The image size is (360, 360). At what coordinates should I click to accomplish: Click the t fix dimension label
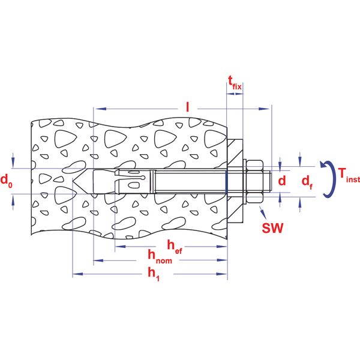235,83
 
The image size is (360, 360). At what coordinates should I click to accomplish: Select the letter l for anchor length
188,107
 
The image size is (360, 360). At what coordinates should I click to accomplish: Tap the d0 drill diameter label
7,181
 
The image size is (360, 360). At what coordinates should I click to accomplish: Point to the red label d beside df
282,181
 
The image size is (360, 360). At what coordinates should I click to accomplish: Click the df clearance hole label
307,182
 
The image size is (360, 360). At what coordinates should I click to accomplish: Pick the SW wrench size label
273,228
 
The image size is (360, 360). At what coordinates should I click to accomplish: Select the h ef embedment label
175,247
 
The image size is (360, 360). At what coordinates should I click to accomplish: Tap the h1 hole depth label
154,274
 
